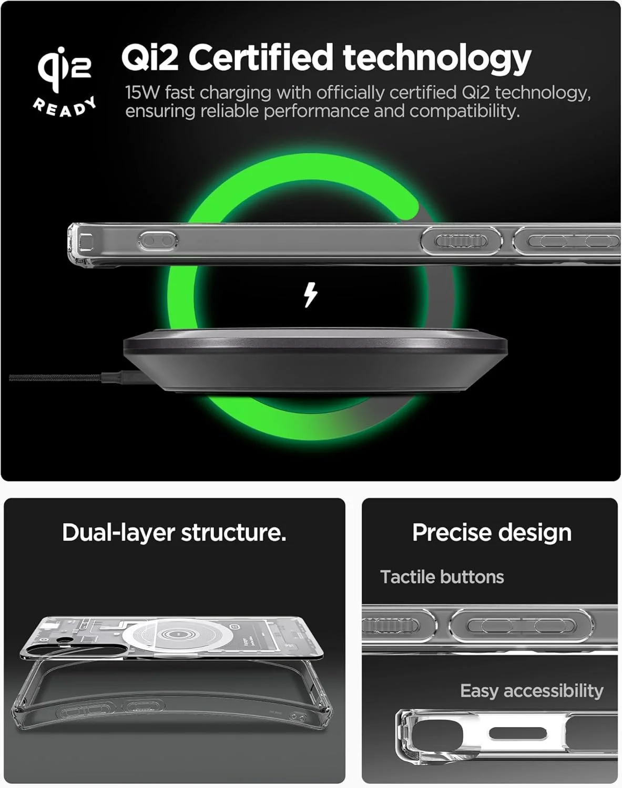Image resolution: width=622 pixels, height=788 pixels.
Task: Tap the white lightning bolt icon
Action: click(311, 295)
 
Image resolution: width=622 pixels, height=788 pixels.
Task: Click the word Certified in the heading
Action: click(260, 57)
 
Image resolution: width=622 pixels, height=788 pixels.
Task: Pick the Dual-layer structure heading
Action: click(174, 533)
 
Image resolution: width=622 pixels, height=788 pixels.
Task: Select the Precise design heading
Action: click(492, 533)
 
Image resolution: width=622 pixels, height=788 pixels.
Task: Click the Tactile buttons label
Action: click(442, 577)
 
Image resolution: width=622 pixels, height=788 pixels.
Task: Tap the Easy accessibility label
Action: click(532, 691)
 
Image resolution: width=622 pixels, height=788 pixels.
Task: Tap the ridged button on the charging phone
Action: click(461, 241)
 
